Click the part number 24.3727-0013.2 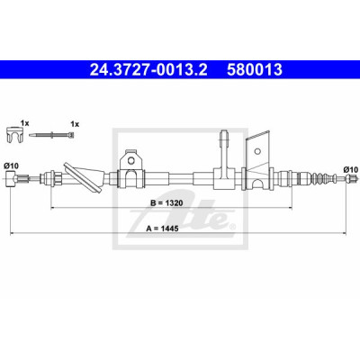(148, 70)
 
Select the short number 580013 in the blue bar (255, 70)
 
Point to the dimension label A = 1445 (162, 229)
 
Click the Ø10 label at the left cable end (11, 166)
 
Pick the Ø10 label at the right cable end (351, 170)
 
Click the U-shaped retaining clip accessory (14, 134)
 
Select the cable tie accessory (51, 135)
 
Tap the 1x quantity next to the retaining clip (24, 123)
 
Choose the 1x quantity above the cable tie (75, 124)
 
